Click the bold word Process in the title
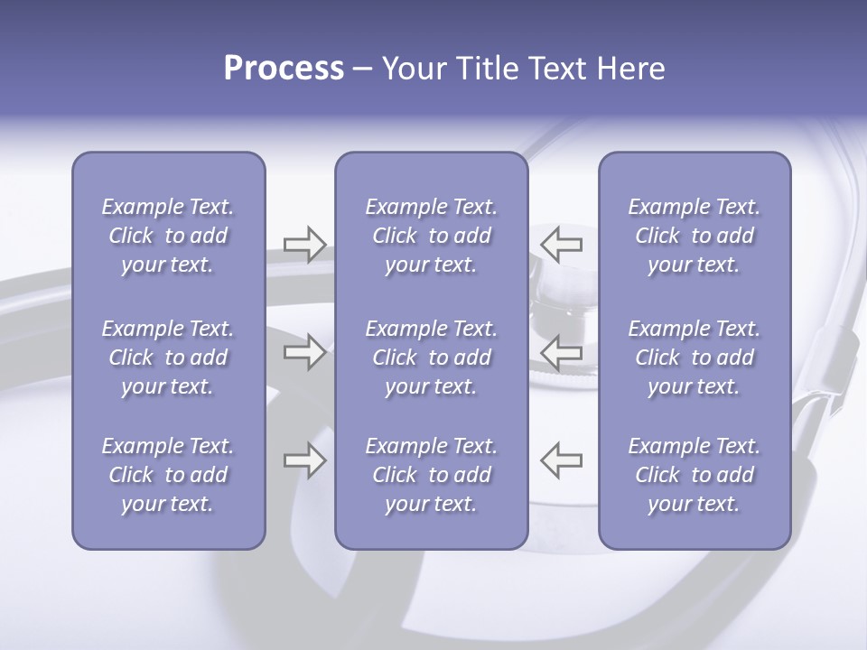(284, 69)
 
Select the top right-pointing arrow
(305, 244)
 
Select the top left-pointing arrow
(562, 244)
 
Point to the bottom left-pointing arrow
(562, 460)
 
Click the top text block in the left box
(168, 236)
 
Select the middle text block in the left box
(168, 357)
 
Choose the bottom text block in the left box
(168, 475)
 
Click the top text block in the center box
(432, 236)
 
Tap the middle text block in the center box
(432, 357)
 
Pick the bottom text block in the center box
(432, 475)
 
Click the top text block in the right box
(695, 236)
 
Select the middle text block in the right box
(695, 357)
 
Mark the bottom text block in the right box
(695, 475)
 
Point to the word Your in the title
(411, 69)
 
